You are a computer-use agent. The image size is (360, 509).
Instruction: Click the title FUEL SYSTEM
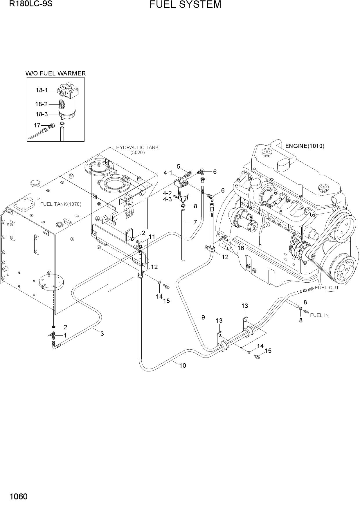pyautogui.click(x=185, y=5)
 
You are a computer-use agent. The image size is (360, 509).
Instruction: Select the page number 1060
pyautogui.click(x=19, y=497)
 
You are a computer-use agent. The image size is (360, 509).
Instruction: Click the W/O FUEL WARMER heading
pyautogui.click(x=55, y=73)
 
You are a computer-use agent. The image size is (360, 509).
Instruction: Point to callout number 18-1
pyautogui.click(x=42, y=90)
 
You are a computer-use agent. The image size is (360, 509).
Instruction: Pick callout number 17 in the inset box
pyautogui.click(x=37, y=125)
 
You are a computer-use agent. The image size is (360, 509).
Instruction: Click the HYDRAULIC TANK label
pyautogui.click(x=137, y=147)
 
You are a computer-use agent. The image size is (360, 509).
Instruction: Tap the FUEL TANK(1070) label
pyautogui.click(x=61, y=204)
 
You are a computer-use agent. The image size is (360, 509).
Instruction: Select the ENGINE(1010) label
pyautogui.click(x=305, y=146)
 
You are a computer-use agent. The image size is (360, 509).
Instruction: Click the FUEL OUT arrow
pyautogui.click(x=311, y=289)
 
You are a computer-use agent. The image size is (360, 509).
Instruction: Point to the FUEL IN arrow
pyautogui.click(x=306, y=311)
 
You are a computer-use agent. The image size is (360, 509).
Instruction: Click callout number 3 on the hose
pyautogui.click(x=102, y=334)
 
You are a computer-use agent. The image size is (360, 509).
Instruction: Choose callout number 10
pyautogui.click(x=182, y=366)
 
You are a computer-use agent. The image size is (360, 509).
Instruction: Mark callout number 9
pyautogui.click(x=203, y=317)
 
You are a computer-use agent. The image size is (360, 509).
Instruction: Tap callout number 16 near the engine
pyautogui.click(x=241, y=248)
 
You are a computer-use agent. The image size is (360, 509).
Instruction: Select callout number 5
pyautogui.click(x=179, y=167)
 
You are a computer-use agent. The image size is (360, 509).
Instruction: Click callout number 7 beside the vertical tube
pyautogui.click(x=195, y=222)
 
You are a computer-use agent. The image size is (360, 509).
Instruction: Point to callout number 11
pyautogui.click(x=152, y=237)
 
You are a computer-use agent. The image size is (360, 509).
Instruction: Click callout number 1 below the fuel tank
pyautogui.click(x=65, y=335)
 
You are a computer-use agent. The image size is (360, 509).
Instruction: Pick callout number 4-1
pyautogui.click(x=168, y=173)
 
